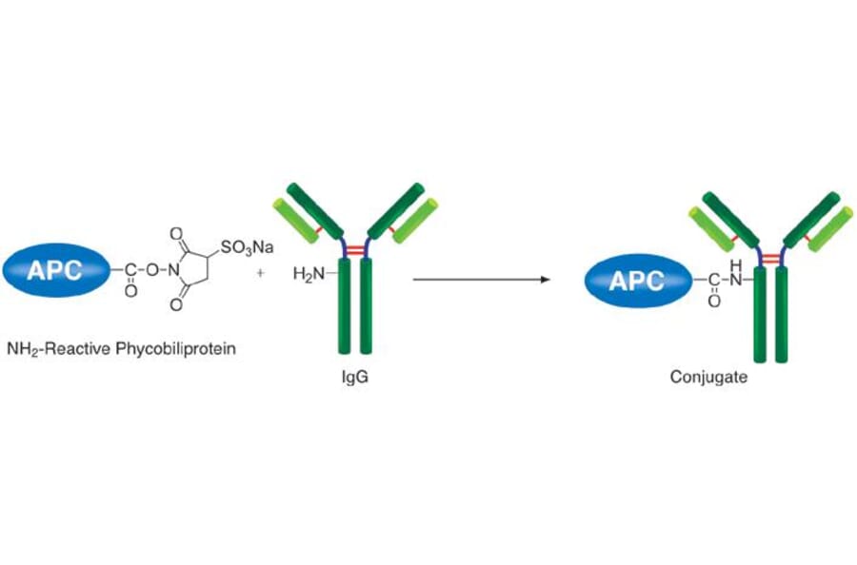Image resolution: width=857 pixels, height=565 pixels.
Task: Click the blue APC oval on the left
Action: coord(54,269)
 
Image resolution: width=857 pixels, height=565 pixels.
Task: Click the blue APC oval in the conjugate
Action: coord(635,280)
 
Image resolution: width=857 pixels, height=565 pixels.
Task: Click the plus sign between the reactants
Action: coord(261,270)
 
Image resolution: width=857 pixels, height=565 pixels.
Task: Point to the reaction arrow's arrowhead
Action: coord(547,280)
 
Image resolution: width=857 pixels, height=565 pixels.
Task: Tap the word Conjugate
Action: coord(708,377)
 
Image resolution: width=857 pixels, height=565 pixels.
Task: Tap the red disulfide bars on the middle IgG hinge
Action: coord(354,248)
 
